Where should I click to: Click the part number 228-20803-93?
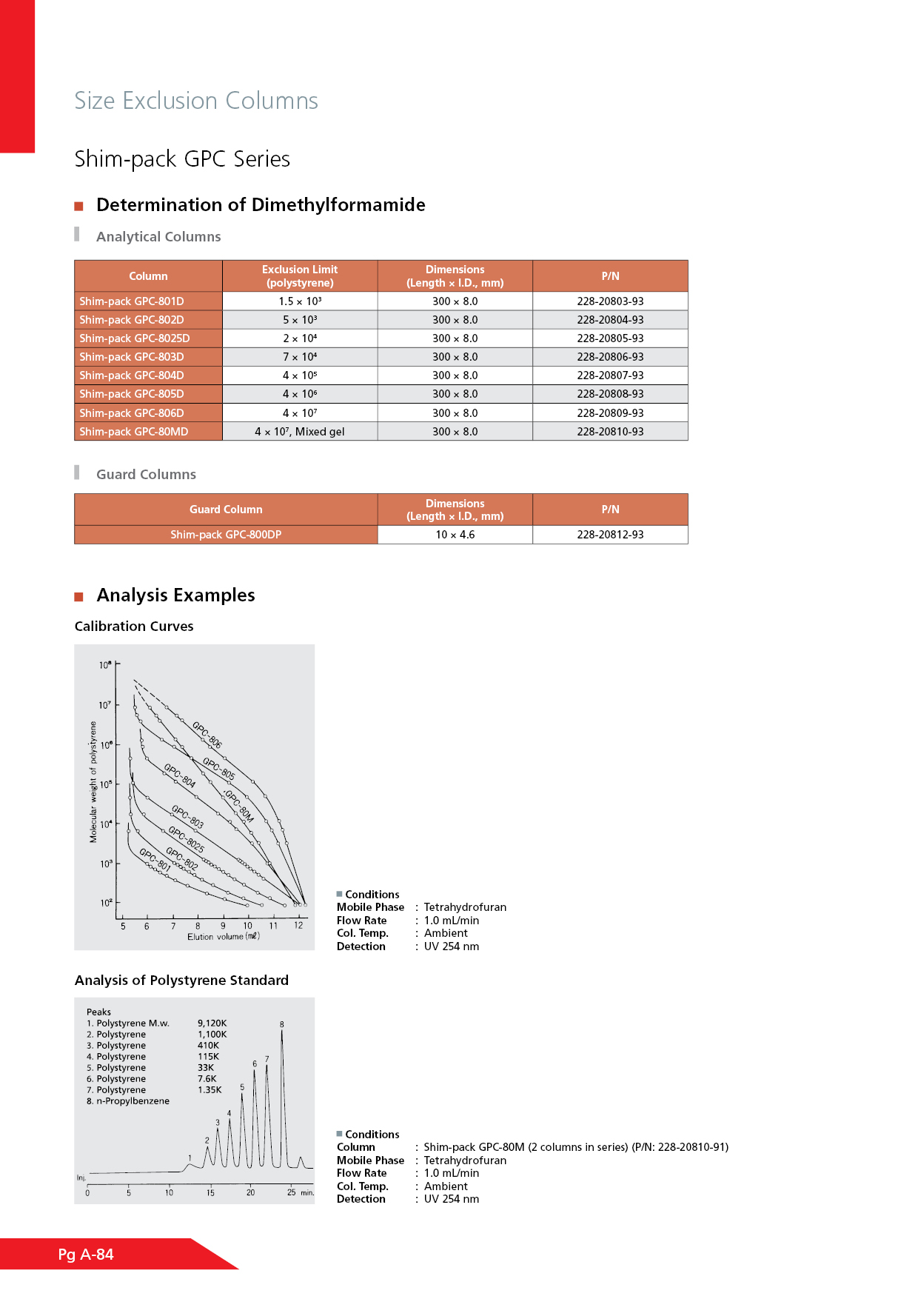(610, 301)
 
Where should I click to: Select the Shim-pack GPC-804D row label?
(132, 375)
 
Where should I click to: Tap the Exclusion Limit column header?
(300, 276)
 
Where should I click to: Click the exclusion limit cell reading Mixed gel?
(300, 432)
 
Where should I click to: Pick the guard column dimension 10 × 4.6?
(455, 535)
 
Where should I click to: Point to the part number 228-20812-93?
(610, 535)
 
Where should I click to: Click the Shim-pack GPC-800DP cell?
(226, 535)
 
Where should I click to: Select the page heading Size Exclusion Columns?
(196, 101)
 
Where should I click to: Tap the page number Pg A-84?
(86, 1255)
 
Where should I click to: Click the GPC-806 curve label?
(207, 734)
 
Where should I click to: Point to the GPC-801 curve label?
(155, 860)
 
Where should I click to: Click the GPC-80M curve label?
(239, 807)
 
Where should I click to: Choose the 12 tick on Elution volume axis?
(298, 925)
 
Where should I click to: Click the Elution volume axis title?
(223, 937)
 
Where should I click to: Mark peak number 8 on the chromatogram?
(282, 1024)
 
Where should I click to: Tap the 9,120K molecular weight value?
(212, 1023)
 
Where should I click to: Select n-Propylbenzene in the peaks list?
(133, 1101)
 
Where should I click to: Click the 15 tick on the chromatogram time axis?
(210, 1192)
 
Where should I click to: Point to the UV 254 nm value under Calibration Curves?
(451, 946)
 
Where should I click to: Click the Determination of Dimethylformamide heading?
(261, 205)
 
